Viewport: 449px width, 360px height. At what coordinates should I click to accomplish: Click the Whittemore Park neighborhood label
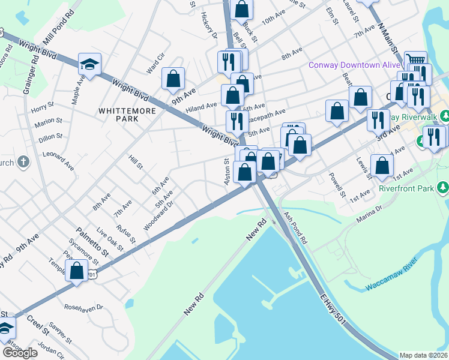[x=119, y=115]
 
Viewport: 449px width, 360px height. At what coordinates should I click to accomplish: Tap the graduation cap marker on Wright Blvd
[x=90, y=64]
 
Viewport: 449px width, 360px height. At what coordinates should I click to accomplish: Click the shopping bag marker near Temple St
[x=77, y=270]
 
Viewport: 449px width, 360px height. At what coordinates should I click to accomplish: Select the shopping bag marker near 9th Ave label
[x=173, y=78]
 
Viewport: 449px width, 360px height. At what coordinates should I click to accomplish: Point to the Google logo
[x=19, y=352]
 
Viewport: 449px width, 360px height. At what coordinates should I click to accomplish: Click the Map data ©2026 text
[x=423, y=355]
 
